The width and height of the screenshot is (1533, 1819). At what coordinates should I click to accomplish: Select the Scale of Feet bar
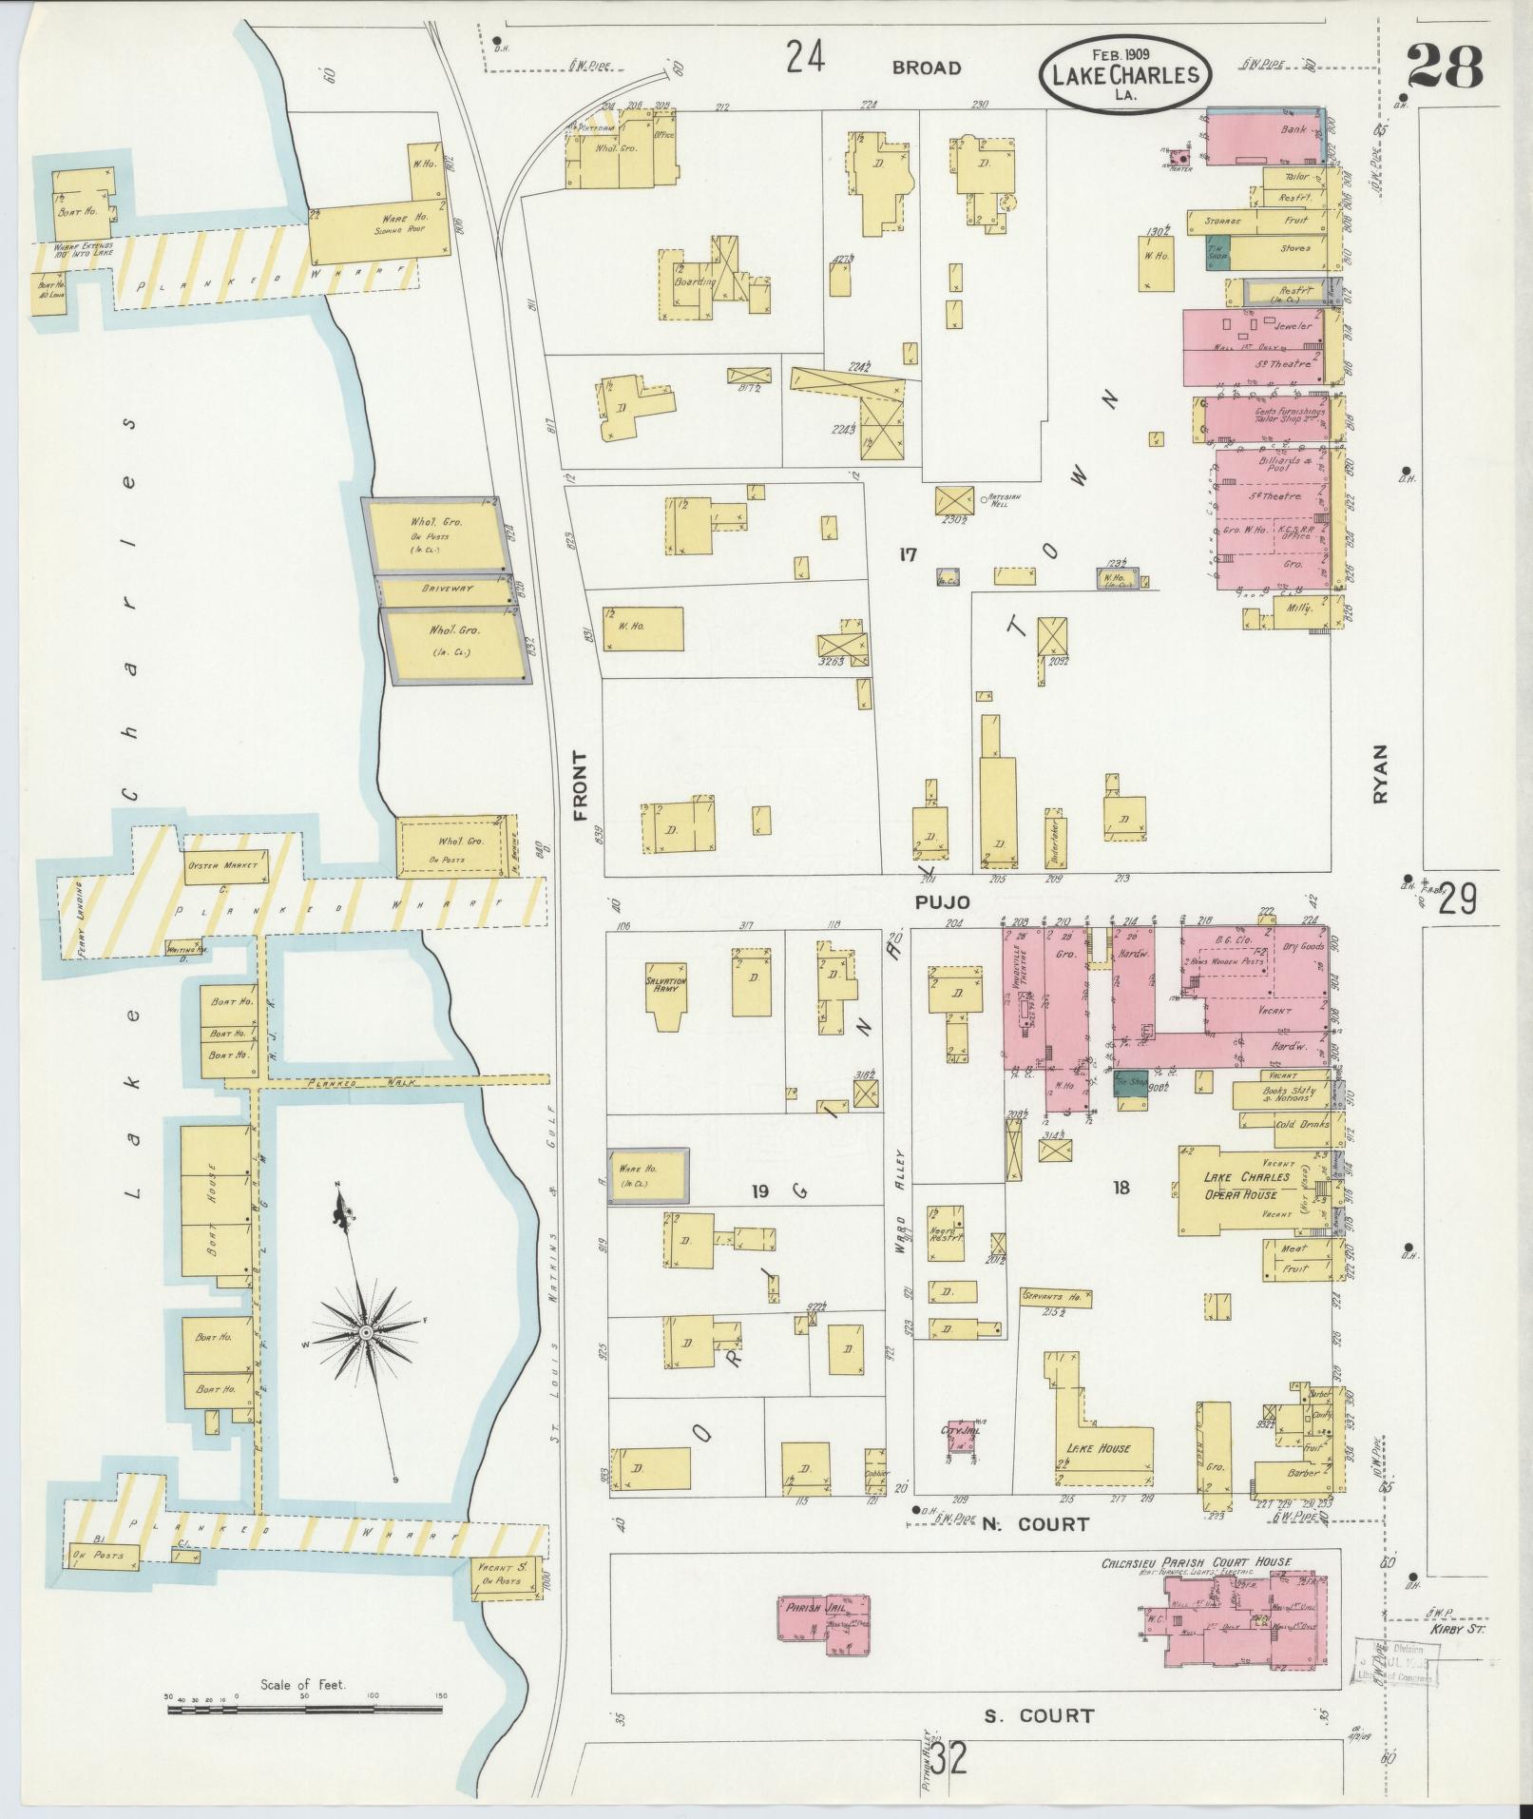(x=304, y=1710)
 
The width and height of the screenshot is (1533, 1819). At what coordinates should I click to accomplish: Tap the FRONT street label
(x=581, y=785)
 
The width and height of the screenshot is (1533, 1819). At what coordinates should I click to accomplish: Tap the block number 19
(x=758, y=1190)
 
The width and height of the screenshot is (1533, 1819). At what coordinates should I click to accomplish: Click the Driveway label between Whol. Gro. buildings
(x=447, y=590)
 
